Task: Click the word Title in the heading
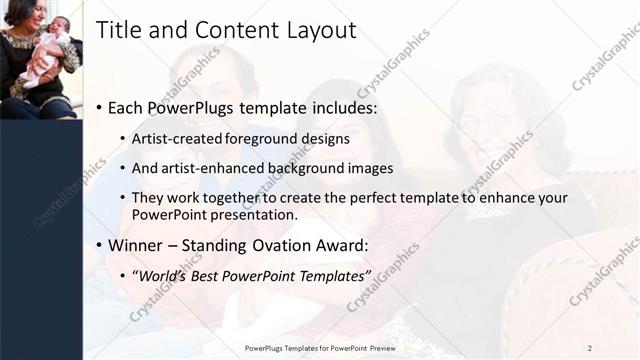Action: (x=118, y=31)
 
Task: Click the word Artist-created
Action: (x=177, y=138)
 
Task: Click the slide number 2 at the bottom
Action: (x=590, y=348)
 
